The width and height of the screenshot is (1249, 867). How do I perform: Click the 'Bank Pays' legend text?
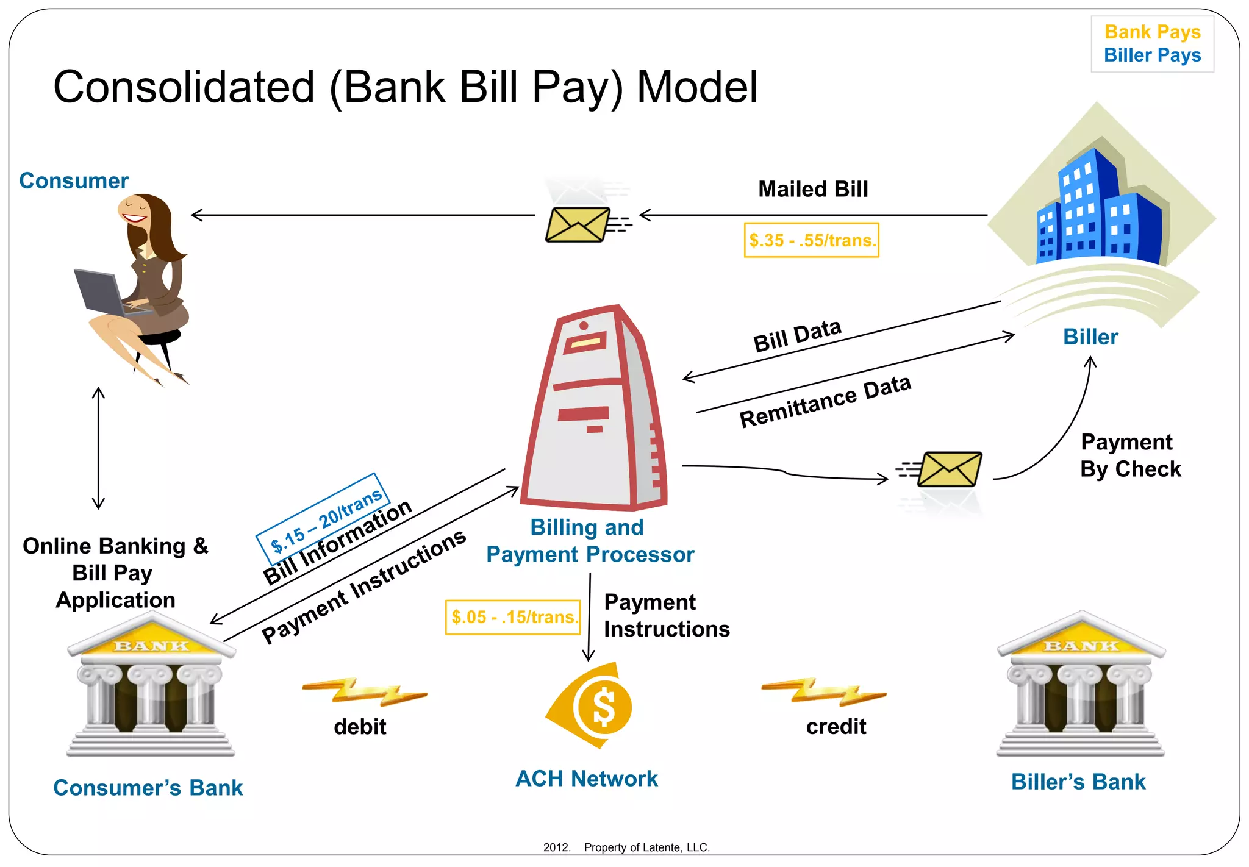[1152, 32]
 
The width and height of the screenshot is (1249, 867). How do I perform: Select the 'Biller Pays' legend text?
[1152, 55]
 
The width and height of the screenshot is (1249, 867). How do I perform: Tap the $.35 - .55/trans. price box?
[811, 240]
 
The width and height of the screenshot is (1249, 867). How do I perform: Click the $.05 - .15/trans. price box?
[513, 617]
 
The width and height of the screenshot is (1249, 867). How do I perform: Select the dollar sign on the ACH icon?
[604, 707]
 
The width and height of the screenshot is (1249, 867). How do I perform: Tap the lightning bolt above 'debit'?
[365, 692]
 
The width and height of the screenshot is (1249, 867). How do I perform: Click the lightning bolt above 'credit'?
[824, 692]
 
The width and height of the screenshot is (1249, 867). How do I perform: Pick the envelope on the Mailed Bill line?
[577, 224]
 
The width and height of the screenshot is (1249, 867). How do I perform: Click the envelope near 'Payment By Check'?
[949, 469]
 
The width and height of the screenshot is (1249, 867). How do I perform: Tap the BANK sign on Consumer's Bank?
[152, 646]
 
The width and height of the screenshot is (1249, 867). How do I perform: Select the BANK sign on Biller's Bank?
[1081, 646]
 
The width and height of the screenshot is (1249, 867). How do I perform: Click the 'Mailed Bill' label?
[813, 189]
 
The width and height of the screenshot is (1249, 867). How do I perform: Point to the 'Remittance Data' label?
[825, 401]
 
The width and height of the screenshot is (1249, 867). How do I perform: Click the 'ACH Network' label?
[587, 779]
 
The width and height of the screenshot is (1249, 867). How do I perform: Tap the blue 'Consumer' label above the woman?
[74, 181]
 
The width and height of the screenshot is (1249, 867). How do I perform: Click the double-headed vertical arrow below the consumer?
[98, 448]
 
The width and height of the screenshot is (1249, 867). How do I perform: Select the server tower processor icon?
[595, 409]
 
